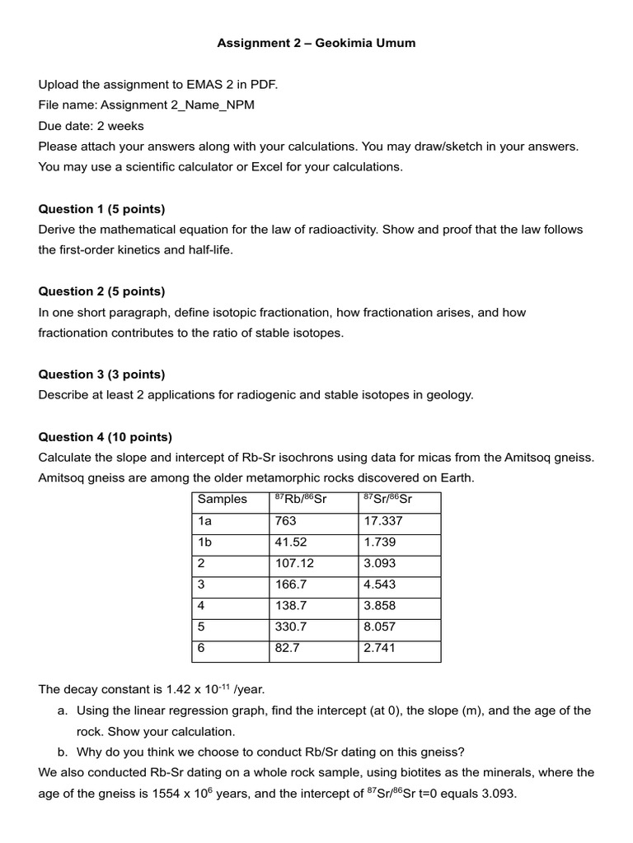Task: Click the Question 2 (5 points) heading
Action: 101,291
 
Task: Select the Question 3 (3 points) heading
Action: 101,375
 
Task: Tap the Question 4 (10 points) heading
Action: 105,437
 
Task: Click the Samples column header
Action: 222,500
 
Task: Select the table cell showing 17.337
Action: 383,521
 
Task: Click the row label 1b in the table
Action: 205,543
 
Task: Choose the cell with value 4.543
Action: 380,585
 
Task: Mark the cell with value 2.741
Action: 380,649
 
